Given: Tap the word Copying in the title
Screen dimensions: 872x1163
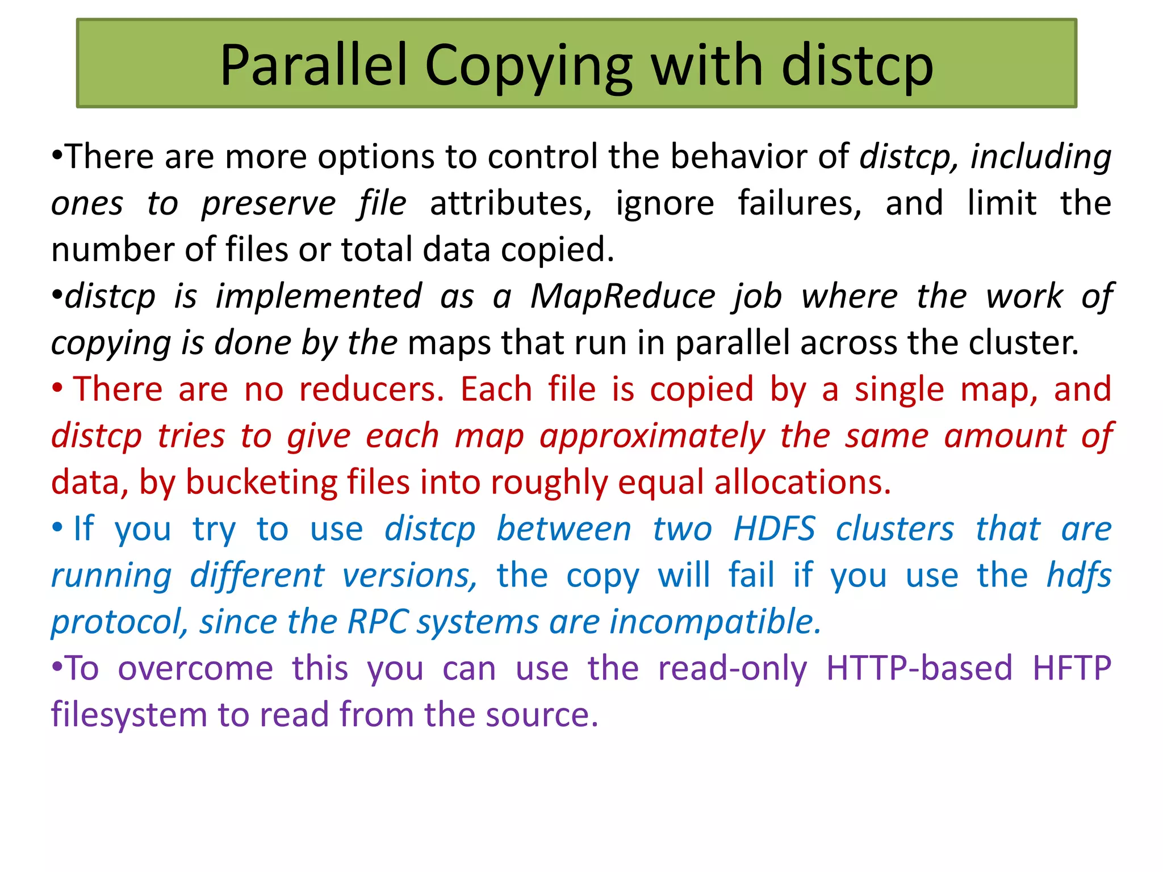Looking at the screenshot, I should (528, 67).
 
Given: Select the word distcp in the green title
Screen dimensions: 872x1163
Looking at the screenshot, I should (857, 67).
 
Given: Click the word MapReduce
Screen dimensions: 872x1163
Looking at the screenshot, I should (622, 296).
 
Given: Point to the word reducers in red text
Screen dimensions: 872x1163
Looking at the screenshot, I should (371, 389).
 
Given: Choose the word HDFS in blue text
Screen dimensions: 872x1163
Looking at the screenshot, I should (774, 529).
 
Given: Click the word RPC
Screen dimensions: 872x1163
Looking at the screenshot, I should (377, 622).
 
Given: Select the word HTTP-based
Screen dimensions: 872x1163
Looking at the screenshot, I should (919, 668).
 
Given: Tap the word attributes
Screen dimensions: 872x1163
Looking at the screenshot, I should (511, 203).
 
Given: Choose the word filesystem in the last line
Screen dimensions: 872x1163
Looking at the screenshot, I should (129, 715).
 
